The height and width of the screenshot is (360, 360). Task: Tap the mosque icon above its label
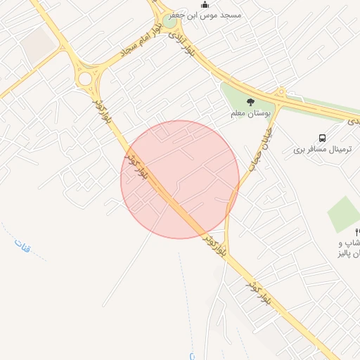tap(205, 4)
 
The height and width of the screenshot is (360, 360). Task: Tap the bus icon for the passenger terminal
tap(322, 138)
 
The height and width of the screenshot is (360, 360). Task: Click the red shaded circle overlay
tap(180, 179)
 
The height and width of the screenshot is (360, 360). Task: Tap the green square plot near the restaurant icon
tap(344, 214)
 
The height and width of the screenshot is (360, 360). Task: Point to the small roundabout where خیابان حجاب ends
tap(281, 92)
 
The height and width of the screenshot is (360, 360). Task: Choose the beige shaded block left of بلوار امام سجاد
tap(39, 44)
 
